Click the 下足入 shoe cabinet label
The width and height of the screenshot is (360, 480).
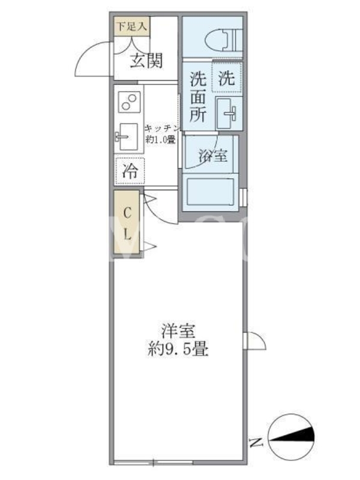tap(131, 26)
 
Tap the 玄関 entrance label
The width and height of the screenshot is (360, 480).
tap(146, 61)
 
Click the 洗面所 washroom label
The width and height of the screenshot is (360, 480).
tap(198, 97)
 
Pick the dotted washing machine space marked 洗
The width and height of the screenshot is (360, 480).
tap(227, 77)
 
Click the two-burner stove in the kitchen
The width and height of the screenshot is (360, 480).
tap(128, 102)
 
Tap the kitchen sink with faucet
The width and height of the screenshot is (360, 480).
tap(127, 136)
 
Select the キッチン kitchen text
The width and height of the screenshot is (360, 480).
tap(161, 128)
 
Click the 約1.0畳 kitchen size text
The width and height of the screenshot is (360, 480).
tap(160, 140)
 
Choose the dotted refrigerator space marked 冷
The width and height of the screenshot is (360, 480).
tap(130, 171)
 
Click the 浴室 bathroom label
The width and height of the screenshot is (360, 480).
tap(213, 155)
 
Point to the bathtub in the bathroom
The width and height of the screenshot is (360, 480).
tap(211, 191)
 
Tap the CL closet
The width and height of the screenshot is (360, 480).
tap(127, 221)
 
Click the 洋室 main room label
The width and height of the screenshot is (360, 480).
tap(178, 331)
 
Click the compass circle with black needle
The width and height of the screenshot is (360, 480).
tap(291, 438)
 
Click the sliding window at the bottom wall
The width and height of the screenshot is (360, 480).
tap(153, 462)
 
